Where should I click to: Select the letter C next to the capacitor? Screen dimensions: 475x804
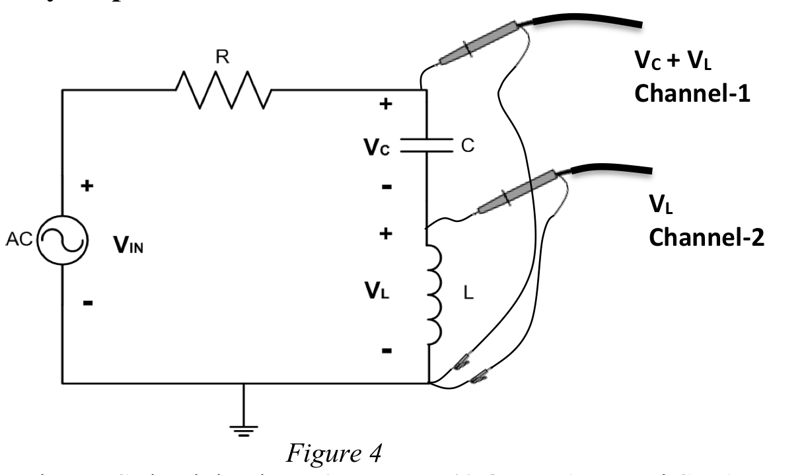[467, 145]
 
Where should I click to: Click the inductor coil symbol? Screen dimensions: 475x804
[430, 295]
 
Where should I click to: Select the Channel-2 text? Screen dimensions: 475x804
[706, 237]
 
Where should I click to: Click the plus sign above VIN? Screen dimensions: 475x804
[86, 186]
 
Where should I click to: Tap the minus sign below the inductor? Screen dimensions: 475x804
[387, 349]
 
